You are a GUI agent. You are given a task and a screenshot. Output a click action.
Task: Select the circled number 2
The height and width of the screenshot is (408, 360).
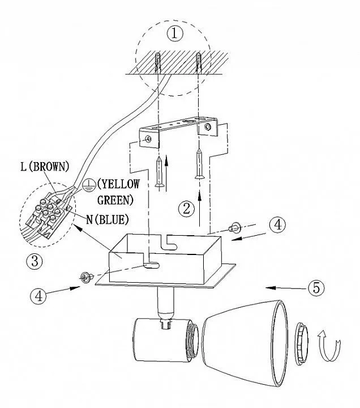(186, 209)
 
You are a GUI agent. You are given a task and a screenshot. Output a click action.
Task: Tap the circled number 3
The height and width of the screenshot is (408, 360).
(35, 262)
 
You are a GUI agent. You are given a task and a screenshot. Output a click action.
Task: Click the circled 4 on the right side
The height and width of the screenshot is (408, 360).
(277, 225)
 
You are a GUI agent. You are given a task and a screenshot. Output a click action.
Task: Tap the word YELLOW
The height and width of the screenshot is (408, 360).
(115, 184)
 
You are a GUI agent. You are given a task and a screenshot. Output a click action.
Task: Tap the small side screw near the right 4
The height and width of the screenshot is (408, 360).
(232, 229)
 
